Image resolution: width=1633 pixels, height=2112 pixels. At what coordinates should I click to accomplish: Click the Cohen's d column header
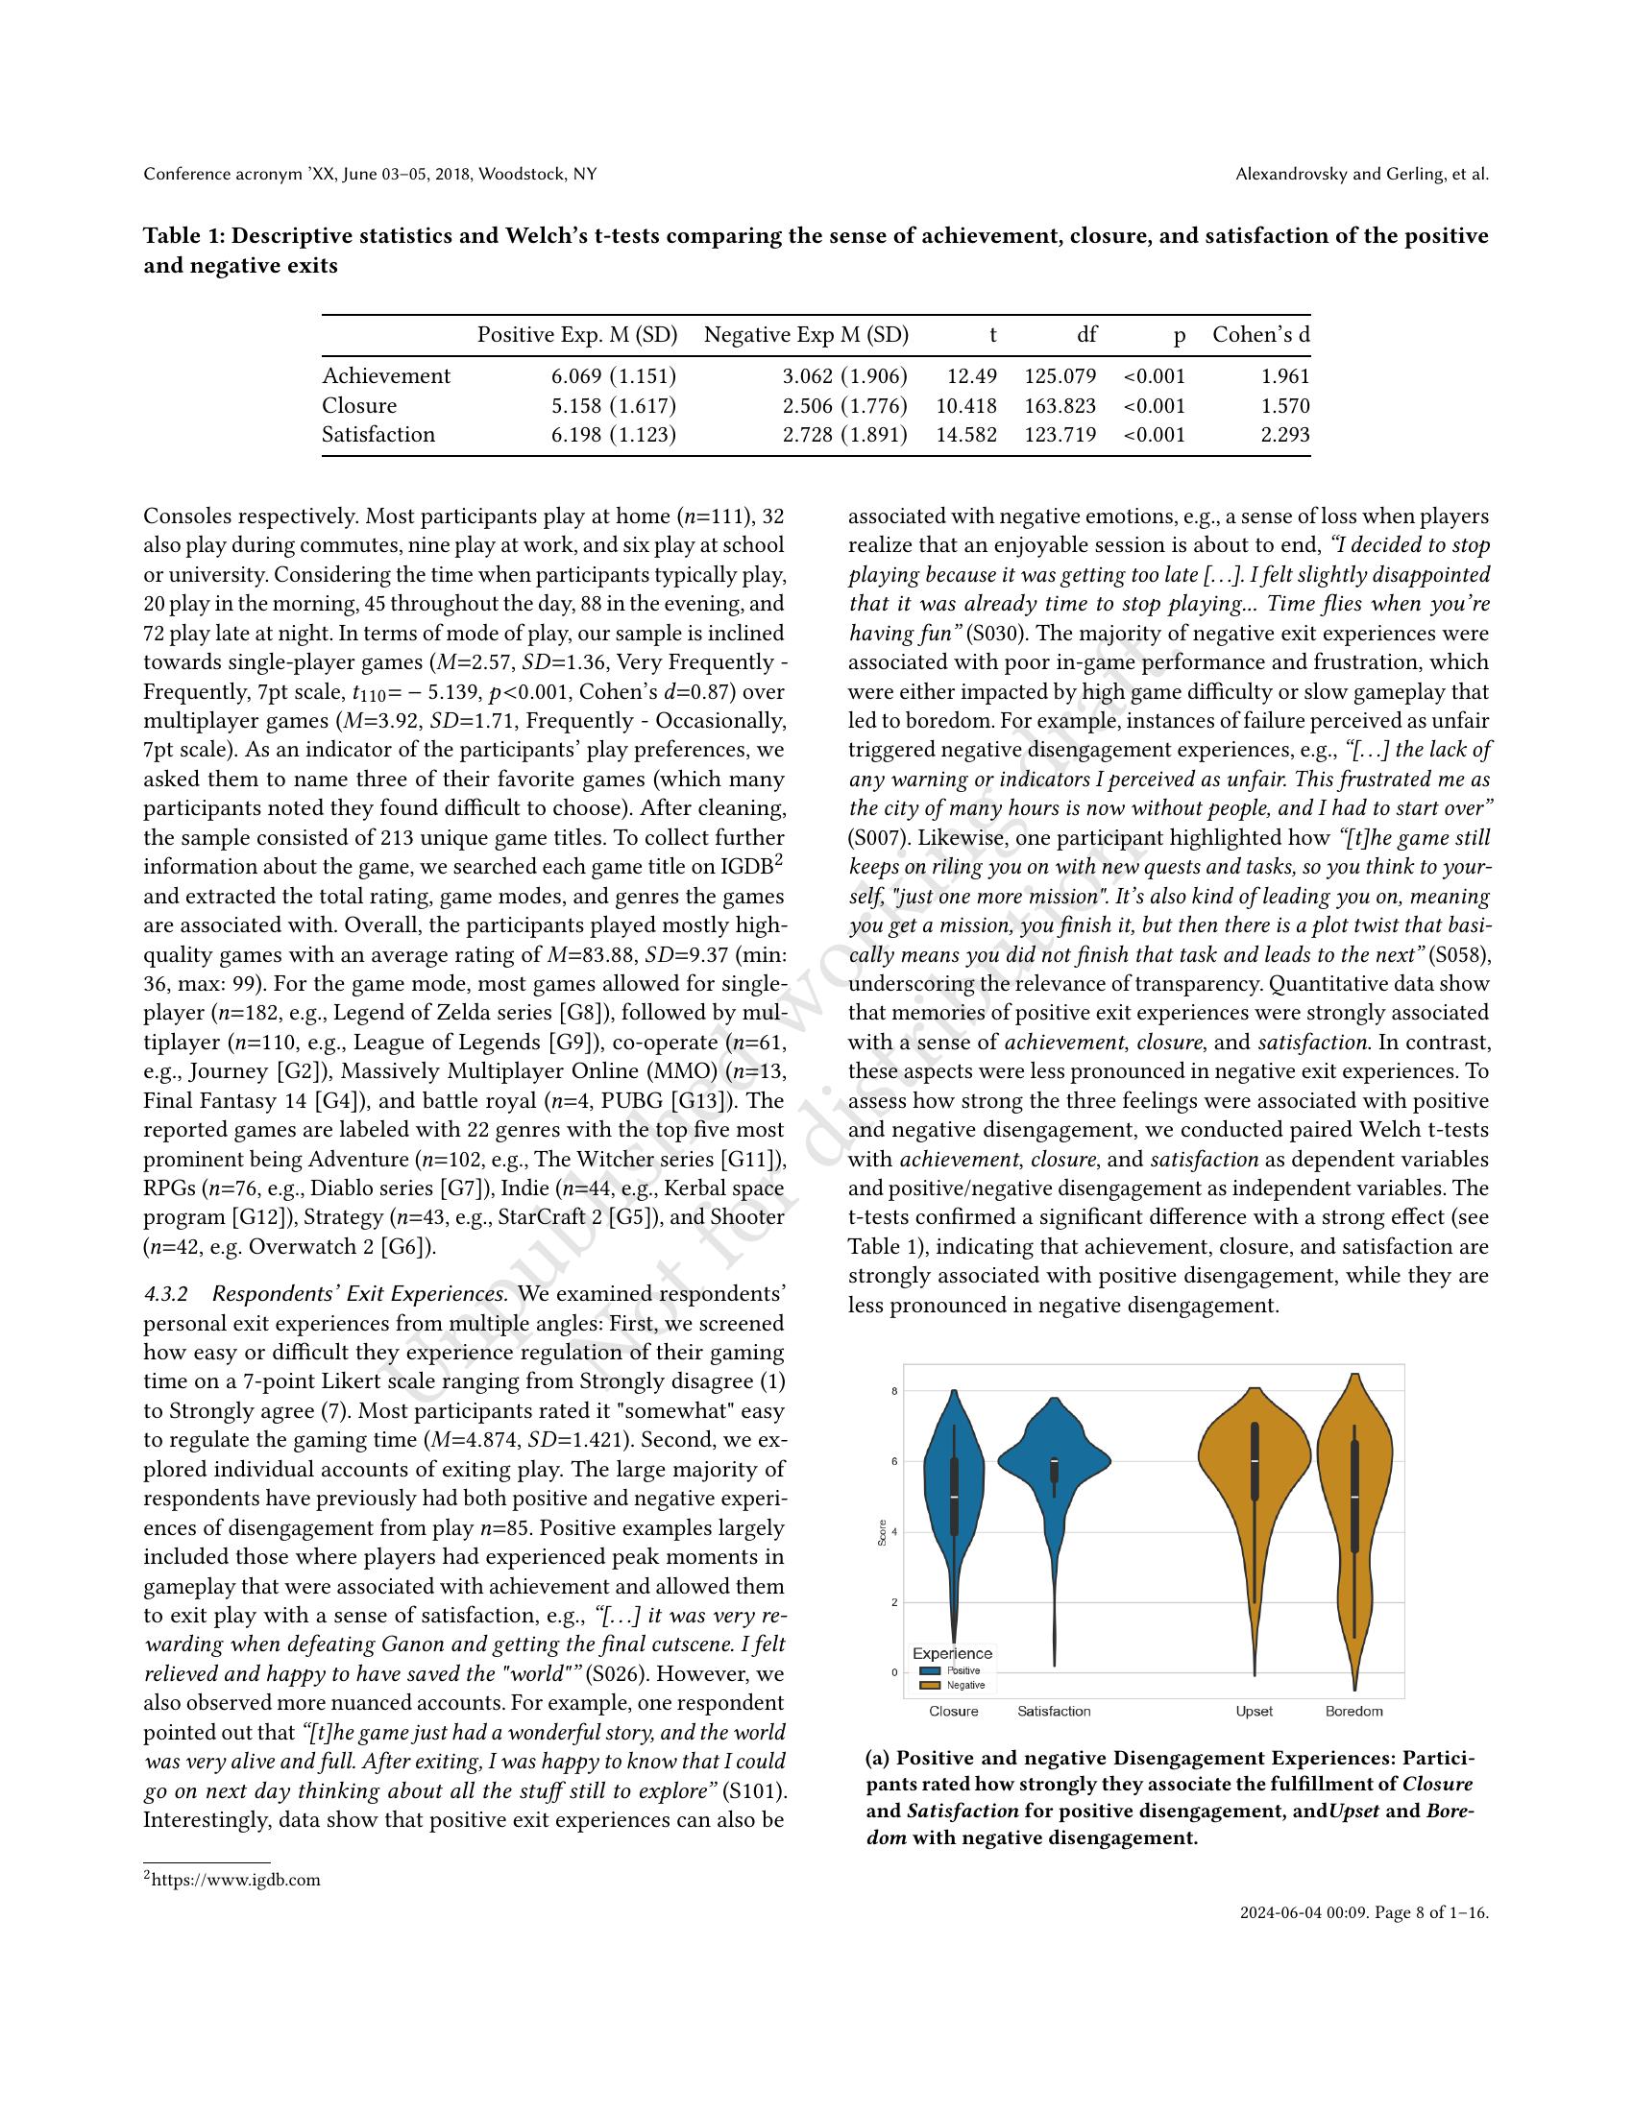tap(1260, 336)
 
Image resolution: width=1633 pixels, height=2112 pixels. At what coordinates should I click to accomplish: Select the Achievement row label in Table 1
tap(386, 376)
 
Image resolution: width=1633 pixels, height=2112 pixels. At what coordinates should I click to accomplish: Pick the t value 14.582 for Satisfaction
tap(965, 435)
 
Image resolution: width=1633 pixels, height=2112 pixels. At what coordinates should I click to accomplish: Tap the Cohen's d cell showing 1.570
tap(1284, 406)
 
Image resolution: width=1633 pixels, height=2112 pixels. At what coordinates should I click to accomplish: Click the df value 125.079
tap(1060, 376)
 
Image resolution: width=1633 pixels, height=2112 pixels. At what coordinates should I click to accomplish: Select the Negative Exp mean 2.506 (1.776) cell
tap(844, 406)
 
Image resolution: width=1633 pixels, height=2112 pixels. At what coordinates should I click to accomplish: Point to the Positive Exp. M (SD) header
tap(575, 336)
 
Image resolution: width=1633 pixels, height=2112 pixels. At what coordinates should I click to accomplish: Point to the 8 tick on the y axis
tap(893, 1392)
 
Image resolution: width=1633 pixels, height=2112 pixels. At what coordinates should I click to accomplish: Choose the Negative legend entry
tap(963, 1686)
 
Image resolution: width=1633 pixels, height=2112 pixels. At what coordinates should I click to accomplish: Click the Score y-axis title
tap(882, 1535)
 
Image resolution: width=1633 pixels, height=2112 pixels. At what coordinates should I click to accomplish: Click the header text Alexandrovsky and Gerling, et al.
tap(1361, 175)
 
